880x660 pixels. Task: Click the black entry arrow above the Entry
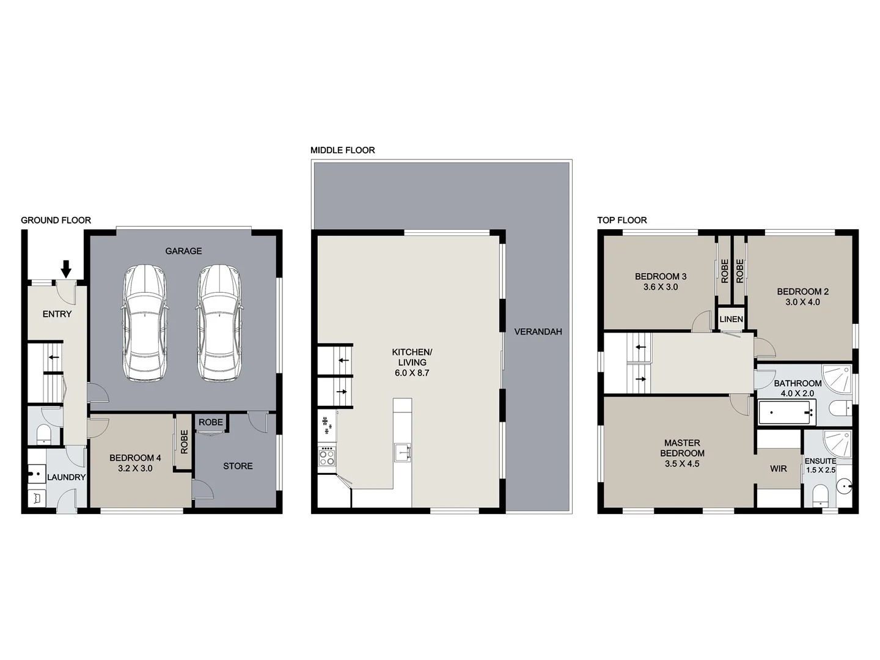[67, 268]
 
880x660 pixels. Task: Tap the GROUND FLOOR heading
[56, 220]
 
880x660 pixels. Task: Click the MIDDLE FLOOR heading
[342, 150]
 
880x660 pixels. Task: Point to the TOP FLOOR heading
[621, 220]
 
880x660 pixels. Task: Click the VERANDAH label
[538, 332]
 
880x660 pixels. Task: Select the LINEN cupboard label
[731, 319]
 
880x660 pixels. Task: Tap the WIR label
[778, 469]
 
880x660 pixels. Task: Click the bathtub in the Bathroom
[787, 413]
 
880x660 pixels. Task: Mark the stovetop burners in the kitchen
[327, 457]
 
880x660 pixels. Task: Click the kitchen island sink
[403, 452]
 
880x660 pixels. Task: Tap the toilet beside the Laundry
[43, 434]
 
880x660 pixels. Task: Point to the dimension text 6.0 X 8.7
[412, 373]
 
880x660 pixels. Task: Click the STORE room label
[238, 466]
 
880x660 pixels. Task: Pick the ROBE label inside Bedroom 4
[184, 442]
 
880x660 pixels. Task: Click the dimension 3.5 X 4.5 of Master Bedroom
[682, 464]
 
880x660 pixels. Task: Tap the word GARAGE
[183, 251]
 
